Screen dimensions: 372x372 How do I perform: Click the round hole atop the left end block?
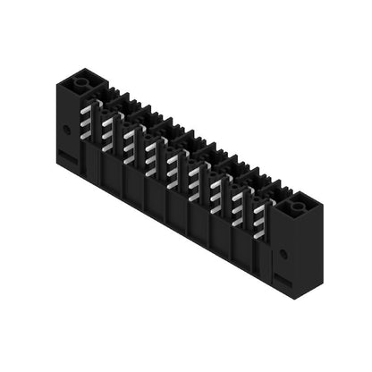click(x=83, y=82)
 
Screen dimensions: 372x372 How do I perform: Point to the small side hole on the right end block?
click(x=283, y=254)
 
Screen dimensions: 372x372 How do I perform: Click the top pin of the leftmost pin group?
click(x=88, y=108)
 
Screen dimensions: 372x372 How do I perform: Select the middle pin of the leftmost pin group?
click(x=88, y=121)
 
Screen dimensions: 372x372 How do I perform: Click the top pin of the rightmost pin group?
click(x=260, y=207)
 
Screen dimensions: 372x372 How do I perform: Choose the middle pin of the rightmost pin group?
click(x=260, y=219)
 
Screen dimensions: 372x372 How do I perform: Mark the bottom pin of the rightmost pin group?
click(x=260, y=231)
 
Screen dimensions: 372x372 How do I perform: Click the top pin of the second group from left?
click(x=109, y=121)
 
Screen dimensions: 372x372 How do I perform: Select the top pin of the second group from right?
click(x=239, y=194)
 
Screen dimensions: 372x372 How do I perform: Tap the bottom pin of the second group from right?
click(x=239, y=219)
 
